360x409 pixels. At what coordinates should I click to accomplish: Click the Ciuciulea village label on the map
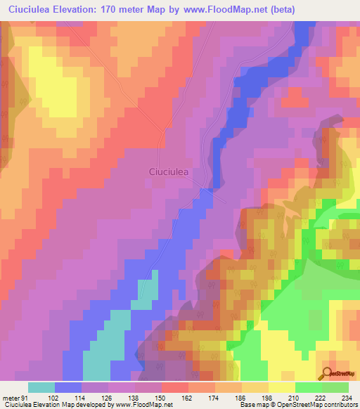tap(172, 171)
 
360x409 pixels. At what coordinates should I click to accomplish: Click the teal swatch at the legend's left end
tap(41, 387)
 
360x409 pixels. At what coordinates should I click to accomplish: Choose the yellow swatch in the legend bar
tap(281, 387)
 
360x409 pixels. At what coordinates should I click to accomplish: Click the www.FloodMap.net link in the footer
tap(141, 405)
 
